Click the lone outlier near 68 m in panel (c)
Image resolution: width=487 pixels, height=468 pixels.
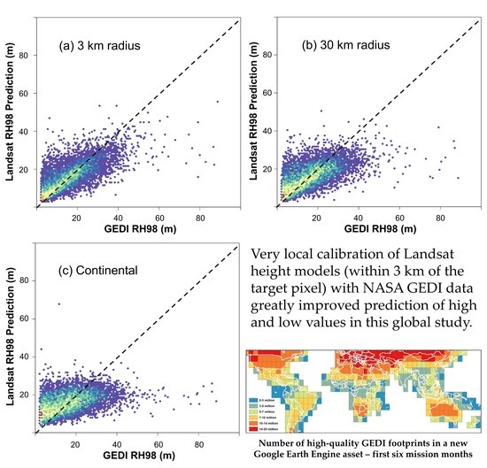point(59,304)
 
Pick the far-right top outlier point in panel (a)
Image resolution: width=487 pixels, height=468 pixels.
point(218,102)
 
